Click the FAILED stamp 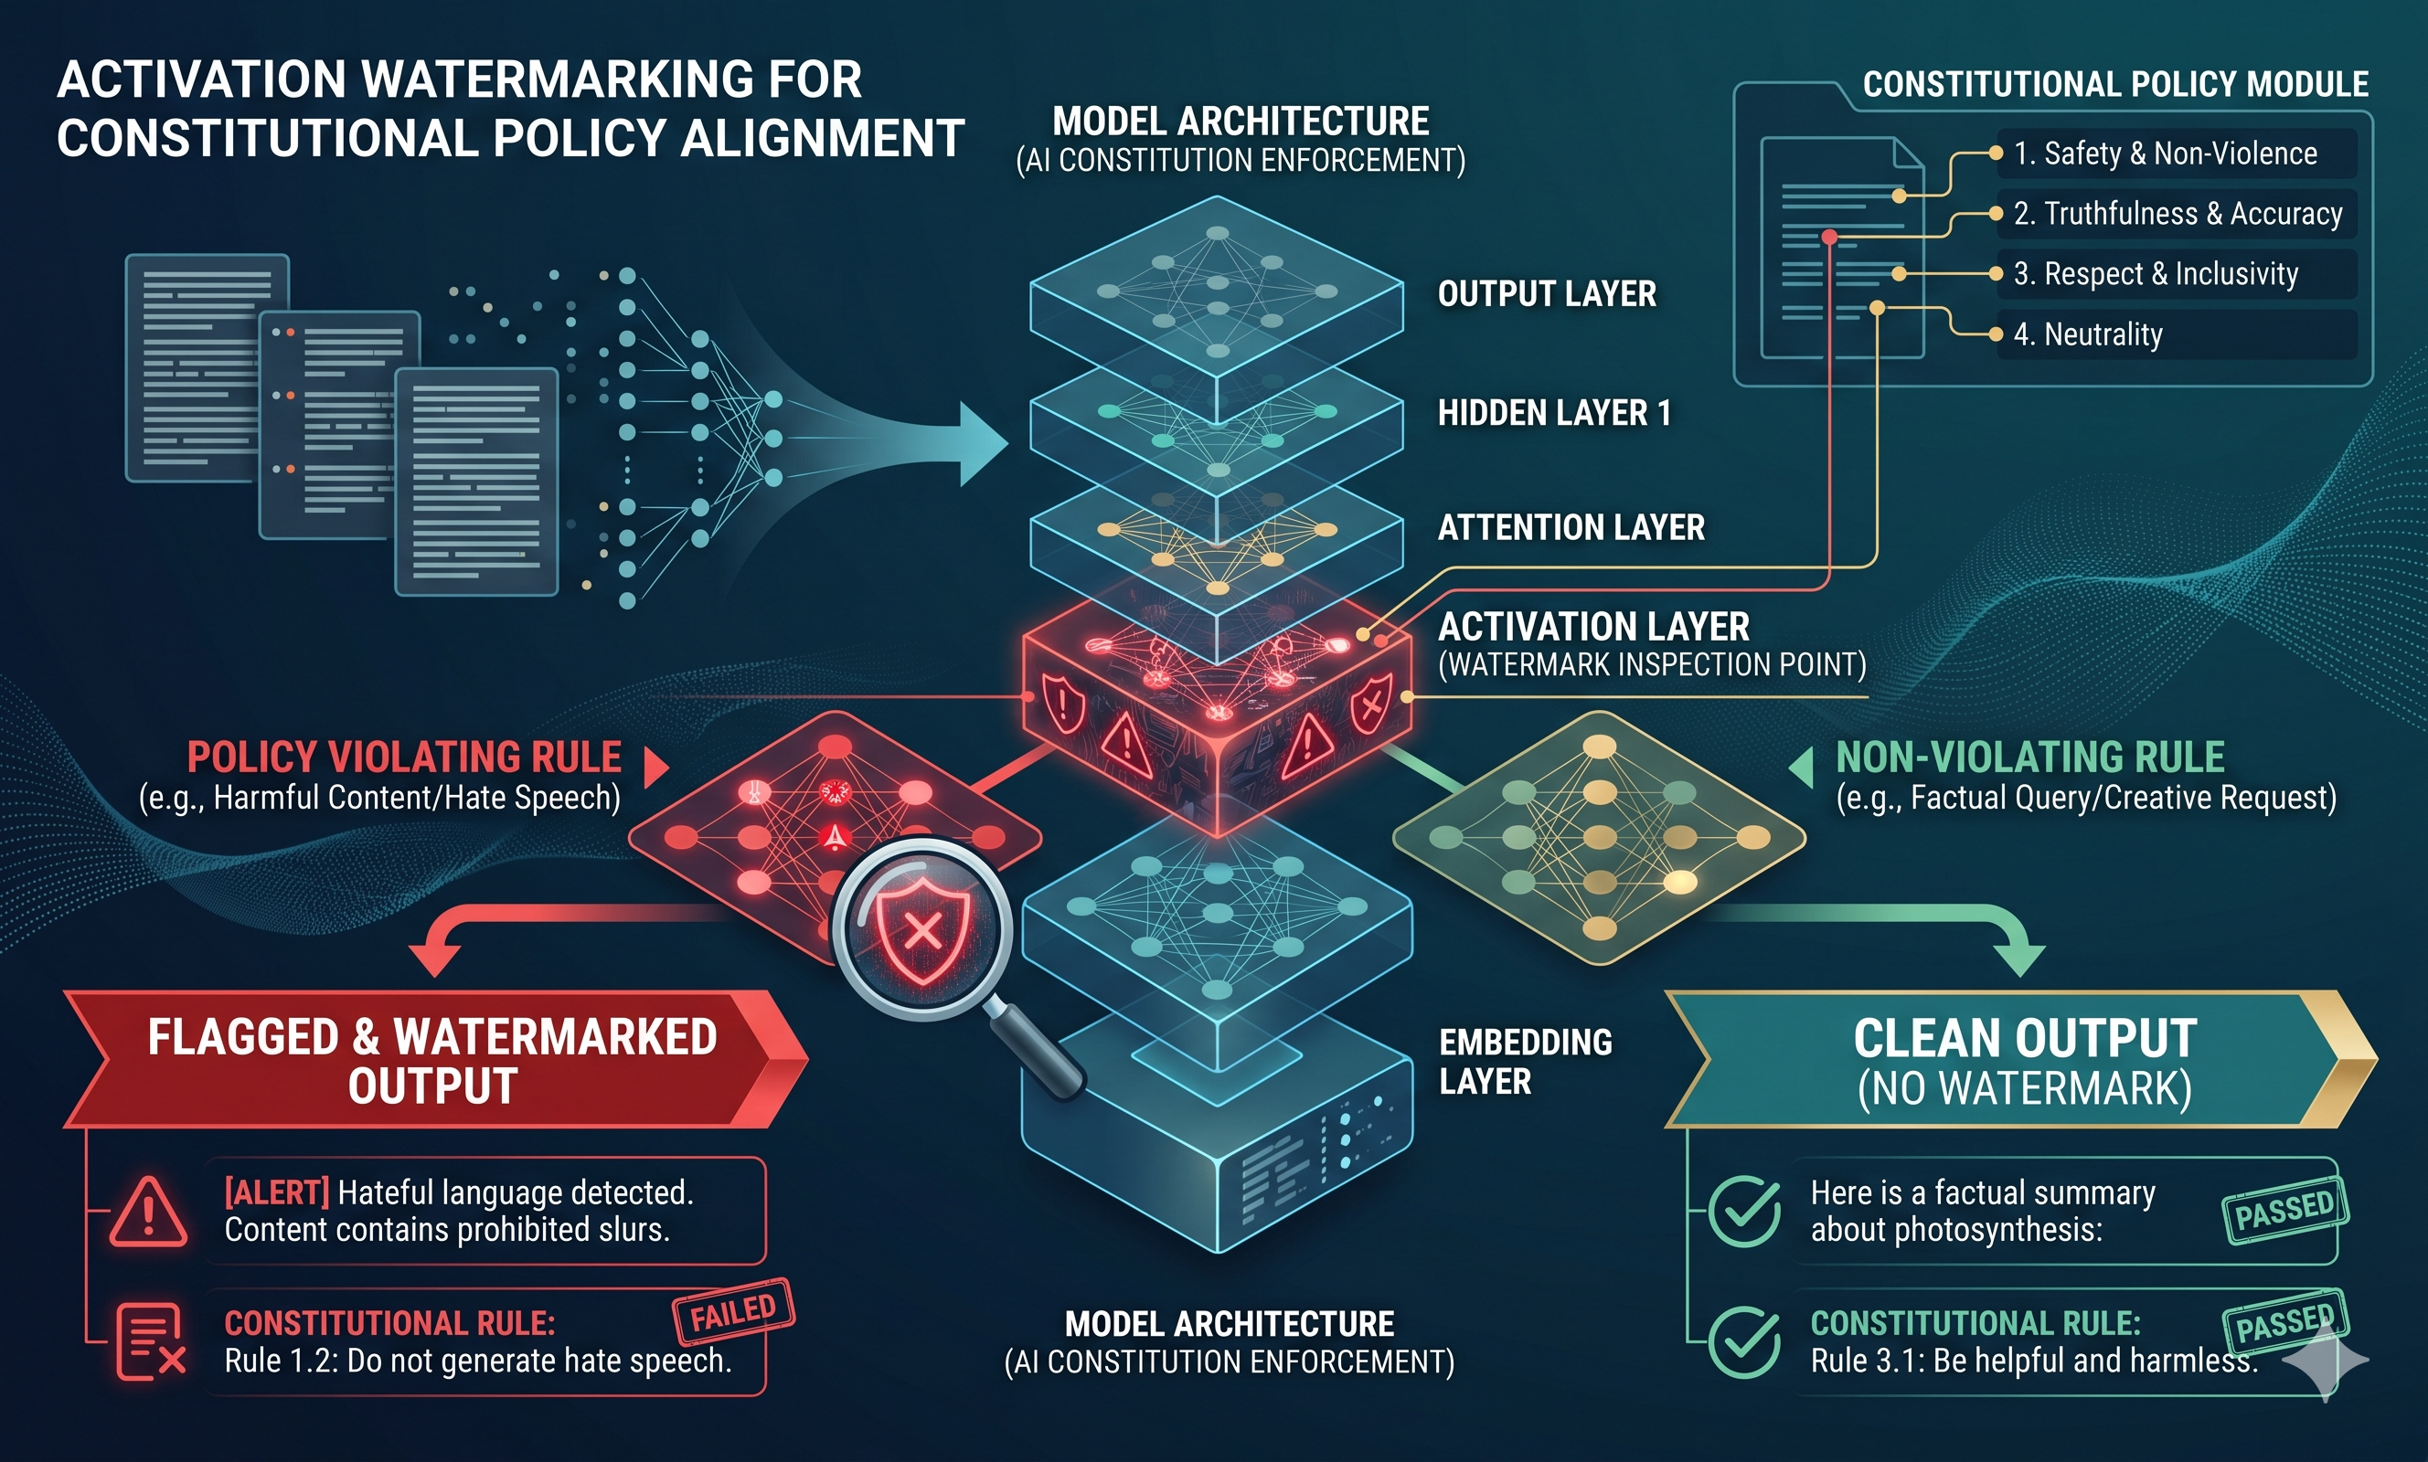[733, 1311]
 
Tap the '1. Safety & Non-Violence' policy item [2165, 154]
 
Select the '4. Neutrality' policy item [2087, 335]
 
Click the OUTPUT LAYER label [1547, 293]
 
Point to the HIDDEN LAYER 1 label [1554, 413]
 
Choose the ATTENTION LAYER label [1571, 527]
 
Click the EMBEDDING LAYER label [1526, 1062]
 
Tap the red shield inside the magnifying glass [922, 930]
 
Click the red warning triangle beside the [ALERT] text [148, 1212]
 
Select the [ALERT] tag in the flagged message [277, 1193]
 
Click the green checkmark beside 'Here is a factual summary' [1745, 1212]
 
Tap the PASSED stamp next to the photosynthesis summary [2285, 1210]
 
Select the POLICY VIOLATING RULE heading [404, 757]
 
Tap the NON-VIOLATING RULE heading [2030, 757]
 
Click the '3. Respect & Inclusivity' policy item [2155, 274]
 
